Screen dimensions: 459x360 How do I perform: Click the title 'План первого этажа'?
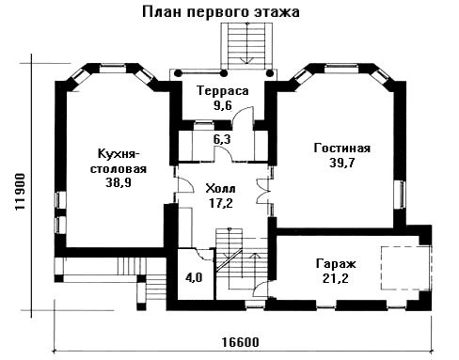click(221, 12)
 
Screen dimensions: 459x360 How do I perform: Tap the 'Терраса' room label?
click(223, 91)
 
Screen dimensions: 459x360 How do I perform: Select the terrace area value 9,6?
click(223, 105)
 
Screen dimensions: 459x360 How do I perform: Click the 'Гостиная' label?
click(342, 148)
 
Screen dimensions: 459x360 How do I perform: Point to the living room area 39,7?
click(341, 163)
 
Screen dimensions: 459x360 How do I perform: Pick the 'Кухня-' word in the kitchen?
click(119, 154)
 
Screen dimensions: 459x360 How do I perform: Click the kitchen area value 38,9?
click(119, 182)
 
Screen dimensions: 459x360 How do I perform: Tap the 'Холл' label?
click(220, 189)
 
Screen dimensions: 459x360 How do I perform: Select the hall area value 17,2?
click(221, 204)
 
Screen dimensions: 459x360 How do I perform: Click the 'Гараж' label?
click(336, 264)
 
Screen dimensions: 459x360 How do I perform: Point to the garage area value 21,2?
click(336, 278)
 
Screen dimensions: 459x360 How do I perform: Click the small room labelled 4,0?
click(194, 277)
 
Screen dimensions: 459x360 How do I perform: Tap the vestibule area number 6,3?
click(222, 139)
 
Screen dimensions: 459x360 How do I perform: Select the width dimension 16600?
click(241, 342)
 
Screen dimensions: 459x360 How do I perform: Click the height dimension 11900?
click(21, 192)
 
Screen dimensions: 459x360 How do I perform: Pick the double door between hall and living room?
click(262, 191)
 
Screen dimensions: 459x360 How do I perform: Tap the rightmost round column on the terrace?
click(269, 73)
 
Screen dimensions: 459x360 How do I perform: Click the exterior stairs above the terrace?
click(246, 46)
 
